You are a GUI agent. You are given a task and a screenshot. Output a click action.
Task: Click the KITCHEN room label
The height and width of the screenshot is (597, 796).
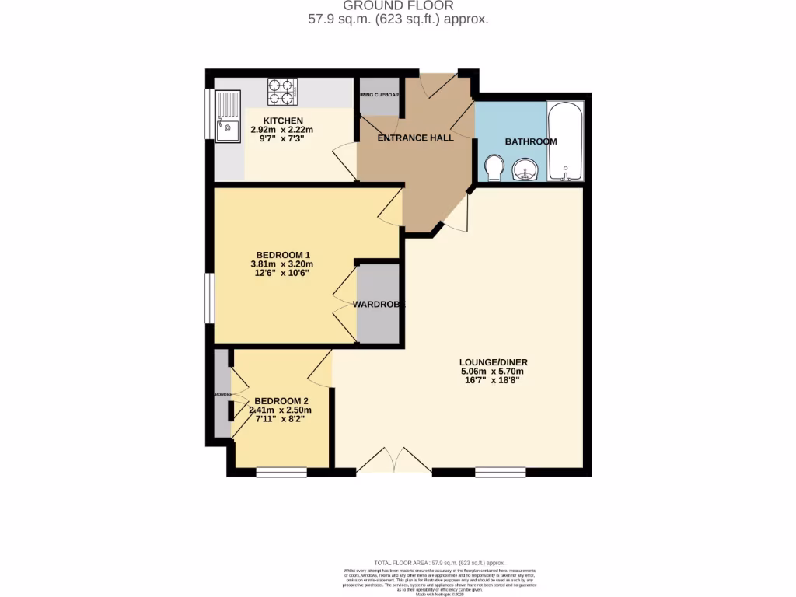pyautogui.click(x=277, y=120)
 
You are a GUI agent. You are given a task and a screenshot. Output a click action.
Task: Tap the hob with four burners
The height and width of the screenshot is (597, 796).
pyautogui.click(x=283, y=92)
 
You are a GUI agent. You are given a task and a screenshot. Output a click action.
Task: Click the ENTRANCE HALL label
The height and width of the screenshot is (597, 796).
pyautogui.click(x=415, y=138)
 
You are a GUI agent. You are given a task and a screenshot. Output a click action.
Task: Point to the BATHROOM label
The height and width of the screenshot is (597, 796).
pyautogui.click(x=531, y=141)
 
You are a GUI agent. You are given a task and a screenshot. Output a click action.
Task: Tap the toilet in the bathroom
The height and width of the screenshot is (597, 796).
pyautogui.click(x=493, y=166)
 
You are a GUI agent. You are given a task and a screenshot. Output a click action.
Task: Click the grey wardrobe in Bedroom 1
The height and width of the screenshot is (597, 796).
pyautogui.click(x=378, y=303)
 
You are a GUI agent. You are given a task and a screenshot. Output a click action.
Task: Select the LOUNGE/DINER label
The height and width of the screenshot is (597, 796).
pyautogui.click(x=492, y=362)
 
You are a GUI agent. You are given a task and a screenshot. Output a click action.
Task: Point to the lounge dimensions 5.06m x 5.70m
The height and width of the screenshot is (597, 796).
pyautogui.click(x=492, y=372)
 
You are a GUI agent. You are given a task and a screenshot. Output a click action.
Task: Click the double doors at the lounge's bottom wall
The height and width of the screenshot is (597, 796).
pyautogui.click(x=394, y=463)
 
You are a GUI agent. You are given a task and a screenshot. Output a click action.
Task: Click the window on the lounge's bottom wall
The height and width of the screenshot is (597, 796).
pyautogui.click(x=500, y=471)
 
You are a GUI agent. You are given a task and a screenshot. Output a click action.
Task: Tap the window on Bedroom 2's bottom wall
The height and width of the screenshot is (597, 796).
pyautogui.click(x=281, y=472)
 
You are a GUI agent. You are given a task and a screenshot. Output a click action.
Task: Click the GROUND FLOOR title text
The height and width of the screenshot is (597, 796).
pyautogui.click(x=397, y=5)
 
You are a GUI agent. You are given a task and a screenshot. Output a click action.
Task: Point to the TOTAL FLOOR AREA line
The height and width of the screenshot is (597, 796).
pyautogui.click(x=439, y=562)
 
